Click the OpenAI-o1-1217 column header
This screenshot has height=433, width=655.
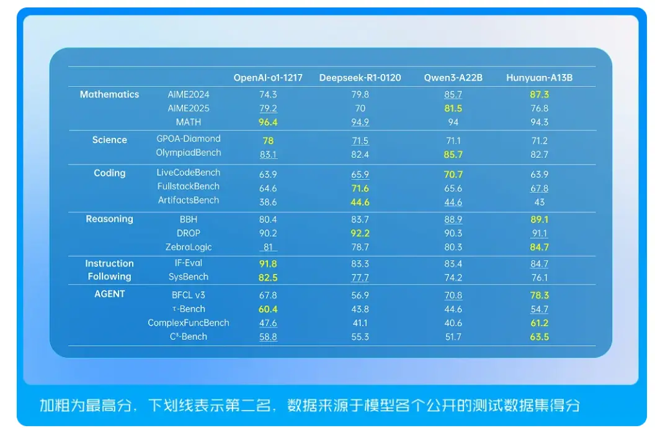pyautogui.click(x=268, y=78)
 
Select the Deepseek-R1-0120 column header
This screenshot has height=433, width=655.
pyautogui.click(x=360, y=78)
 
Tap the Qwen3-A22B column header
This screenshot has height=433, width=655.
pyautogui.click(x=453, y=78)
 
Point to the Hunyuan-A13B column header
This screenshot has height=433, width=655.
pyautogui.click(x=539, y=78)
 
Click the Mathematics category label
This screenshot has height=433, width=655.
pyautogui.click(x=109, y=94)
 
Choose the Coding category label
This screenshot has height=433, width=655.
pyautogui.click(x=109, y=173)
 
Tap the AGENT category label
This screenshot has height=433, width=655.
pyautogui.click(x=109, y=294)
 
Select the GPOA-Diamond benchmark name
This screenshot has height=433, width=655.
pyautogui.click(x=189, y=139)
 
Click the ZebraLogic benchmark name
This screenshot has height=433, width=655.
pyautogui.click(x=189, y=247)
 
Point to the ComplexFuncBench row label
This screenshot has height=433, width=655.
pyautogui.click(x=189, y=323)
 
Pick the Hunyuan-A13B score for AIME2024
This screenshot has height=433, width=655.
pyautogui.click(x=539, y=94)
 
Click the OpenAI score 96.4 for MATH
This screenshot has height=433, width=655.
pyautogui.click(x=268, y=122)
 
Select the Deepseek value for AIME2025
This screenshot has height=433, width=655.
pyautogui.click(x=360, y=108)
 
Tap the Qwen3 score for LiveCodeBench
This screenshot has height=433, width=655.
pyautogui.click(x=453, y=175)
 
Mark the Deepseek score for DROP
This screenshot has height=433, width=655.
pyautogui.click(x=360, y=233)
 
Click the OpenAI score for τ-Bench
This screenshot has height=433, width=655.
pyautogui.click(x=268, y=309)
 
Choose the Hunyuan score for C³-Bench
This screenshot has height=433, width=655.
pyautogui.click(x=539, y=337)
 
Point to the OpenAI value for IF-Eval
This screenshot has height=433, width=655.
pyautogui.click(x=268, y=264)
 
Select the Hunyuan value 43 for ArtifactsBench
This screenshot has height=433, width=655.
pyautogui.click(x=539, y=202)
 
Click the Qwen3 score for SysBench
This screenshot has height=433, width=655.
pyautogui.click(x=453, y=278)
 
